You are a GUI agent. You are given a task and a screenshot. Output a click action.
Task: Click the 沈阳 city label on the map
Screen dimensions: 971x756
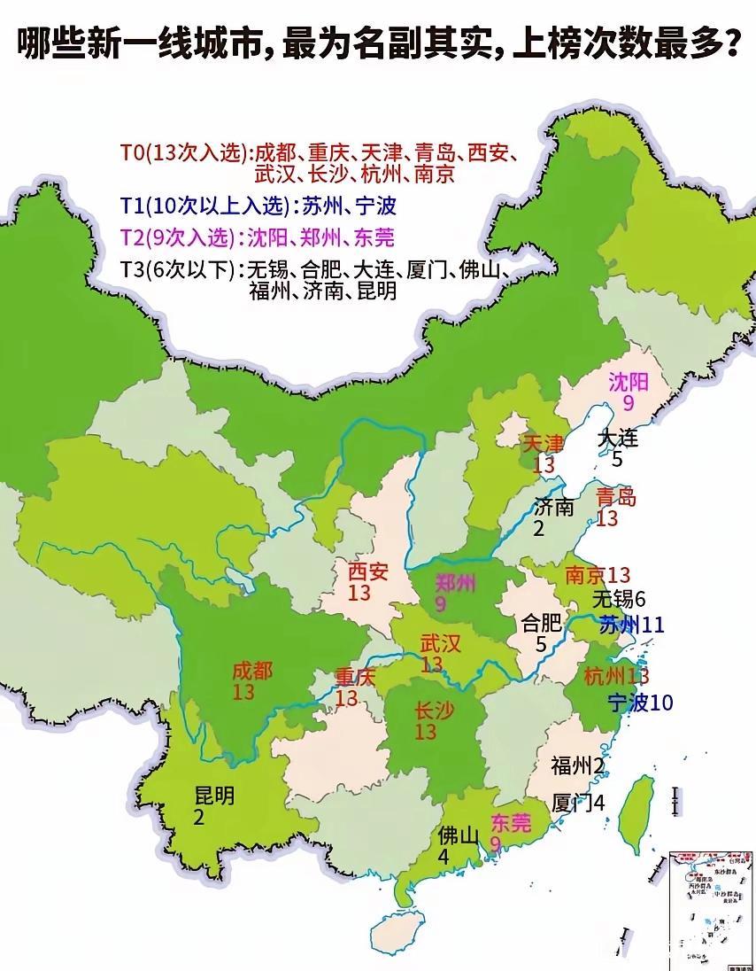(629, 383)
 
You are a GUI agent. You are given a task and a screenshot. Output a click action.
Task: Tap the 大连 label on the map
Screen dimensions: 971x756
(617, 438)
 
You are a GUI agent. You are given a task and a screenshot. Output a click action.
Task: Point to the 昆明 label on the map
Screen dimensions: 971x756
(214, 796)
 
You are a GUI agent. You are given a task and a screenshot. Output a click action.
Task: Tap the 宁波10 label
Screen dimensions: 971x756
(641, 703)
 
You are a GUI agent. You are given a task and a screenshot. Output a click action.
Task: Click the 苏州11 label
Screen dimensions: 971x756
(631, 625)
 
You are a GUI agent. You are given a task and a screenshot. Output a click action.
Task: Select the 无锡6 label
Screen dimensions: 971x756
(620, 598)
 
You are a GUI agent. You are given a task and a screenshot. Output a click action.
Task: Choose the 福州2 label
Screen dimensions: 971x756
(576, 765)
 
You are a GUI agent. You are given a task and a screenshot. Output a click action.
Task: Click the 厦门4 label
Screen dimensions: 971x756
(577, 804)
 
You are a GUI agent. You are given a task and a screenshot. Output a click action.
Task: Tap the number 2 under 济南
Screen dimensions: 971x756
(538, 529)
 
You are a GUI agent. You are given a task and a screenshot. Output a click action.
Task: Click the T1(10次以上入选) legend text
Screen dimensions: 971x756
(205, 206)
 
